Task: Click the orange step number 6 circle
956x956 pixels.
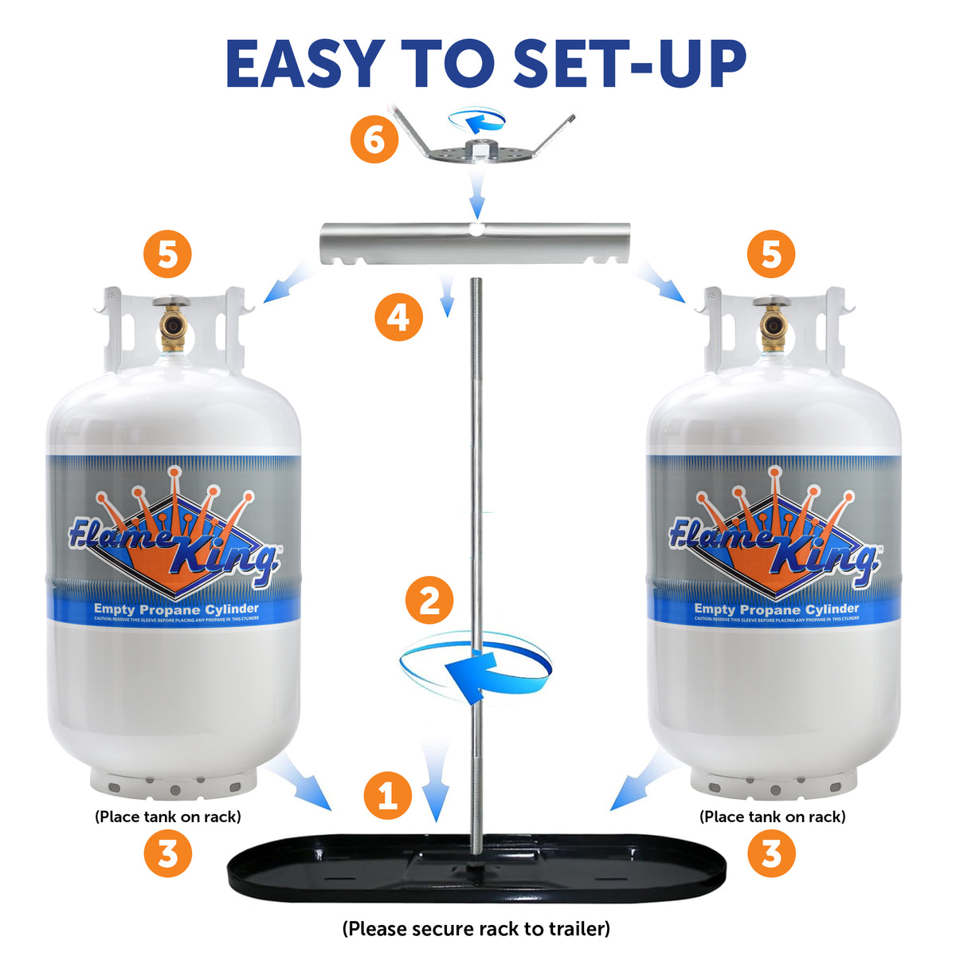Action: tap(374, 140)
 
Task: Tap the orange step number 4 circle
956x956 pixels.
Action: tap(398, 317)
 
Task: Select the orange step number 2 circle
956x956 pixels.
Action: tap(429, 600)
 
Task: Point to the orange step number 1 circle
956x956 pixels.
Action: tap(388, 795)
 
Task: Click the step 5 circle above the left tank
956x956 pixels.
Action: tap(167, 255)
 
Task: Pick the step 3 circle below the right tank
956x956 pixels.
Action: tap(771, 854)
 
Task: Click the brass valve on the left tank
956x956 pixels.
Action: tap(171, 325)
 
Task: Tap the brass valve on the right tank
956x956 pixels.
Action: tap(774, 325)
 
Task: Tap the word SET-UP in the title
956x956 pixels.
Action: tap(629, 64)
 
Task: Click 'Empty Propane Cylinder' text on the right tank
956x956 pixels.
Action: tap(777, 609)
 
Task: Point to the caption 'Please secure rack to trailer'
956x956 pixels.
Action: tap(476, 929)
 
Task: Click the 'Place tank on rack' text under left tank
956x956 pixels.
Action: tap(167, 817)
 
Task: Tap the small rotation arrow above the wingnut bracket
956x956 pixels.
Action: tap(476, 119)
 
